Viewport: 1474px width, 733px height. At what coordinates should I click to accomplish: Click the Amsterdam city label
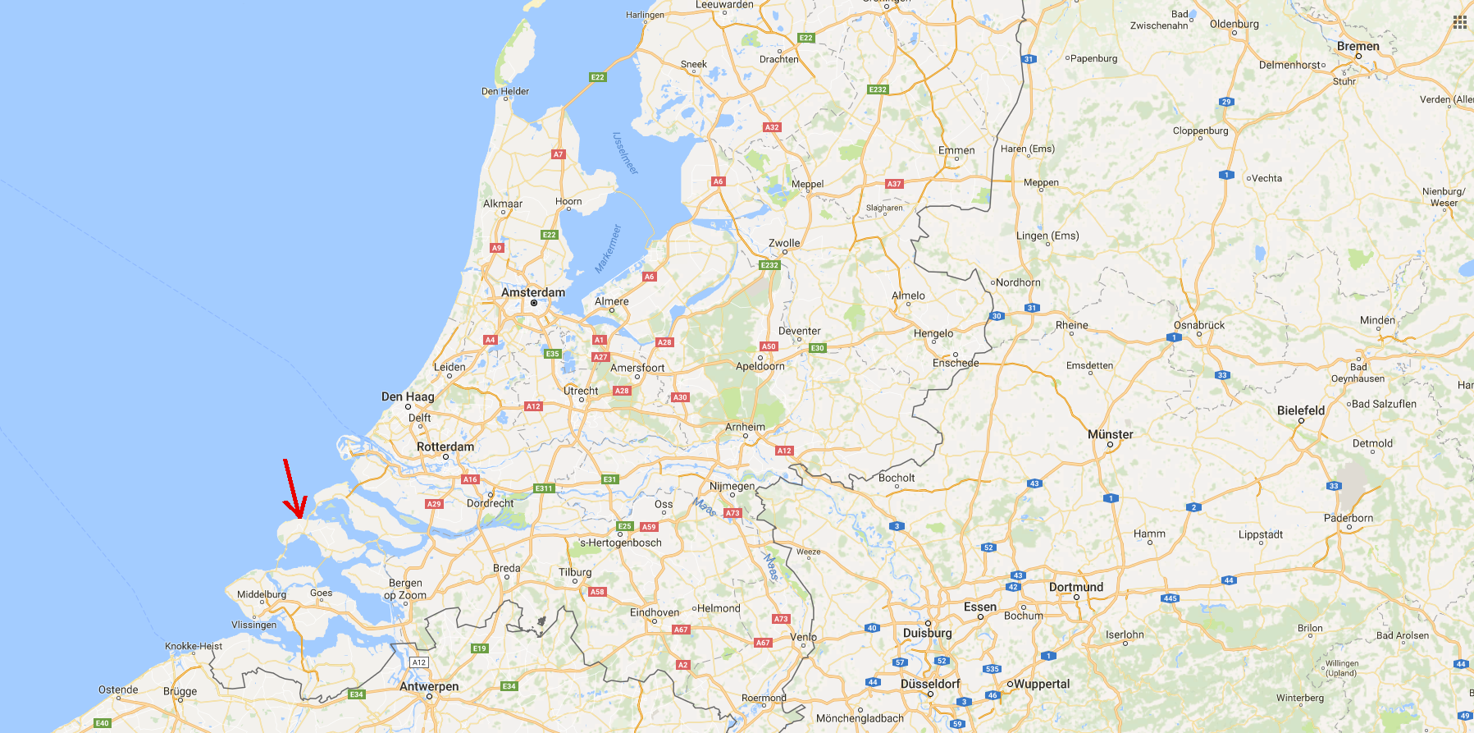click(x=533, y=292)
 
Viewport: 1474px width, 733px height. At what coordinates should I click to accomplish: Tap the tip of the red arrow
click(x=299, y=517)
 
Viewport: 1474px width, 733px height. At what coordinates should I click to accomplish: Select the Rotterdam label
click(x=445, y=447)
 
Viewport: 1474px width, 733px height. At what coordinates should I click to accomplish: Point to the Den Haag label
click(x=408, y=396)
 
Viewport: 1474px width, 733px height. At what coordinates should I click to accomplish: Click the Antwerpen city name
click(x=429, y=686)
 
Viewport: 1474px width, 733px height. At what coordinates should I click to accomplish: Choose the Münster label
click(x=1110, y=434)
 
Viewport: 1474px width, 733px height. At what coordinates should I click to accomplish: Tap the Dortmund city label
click(x=1076, y=587)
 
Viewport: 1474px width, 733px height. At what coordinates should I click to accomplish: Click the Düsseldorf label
click(x=930, y=684)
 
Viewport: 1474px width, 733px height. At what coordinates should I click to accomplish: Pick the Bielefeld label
click(x=1301, y=410)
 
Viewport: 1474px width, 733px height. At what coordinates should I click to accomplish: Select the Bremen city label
click(x=1358, y=46)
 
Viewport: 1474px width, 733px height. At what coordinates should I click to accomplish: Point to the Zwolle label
click(x=784, y=243)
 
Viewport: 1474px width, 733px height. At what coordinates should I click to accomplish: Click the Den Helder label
click(x=505, y=91)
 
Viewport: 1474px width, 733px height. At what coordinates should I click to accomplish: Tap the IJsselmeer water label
click(x=625, y=153)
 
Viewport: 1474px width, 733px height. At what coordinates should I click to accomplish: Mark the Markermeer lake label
click(x=608, y=249)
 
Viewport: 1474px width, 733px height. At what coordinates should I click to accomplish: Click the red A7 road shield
click(x=558, y=154)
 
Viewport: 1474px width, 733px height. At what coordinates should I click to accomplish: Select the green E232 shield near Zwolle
click(x=769, y=265)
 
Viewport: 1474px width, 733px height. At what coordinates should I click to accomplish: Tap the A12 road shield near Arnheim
click(x=784, y=451)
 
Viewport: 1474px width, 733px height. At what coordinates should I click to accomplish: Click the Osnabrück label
click(x=1199, y=325)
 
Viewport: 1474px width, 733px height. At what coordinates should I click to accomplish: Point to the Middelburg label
click(x=262, y=594)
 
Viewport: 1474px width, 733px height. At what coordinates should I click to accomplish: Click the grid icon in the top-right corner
click(x=1460, y=22)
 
